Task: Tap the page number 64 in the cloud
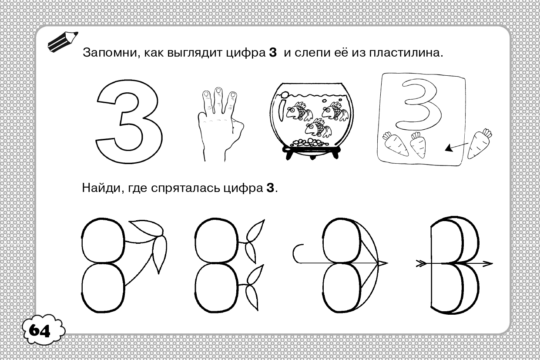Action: (40, 330)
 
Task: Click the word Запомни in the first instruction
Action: (110, 53)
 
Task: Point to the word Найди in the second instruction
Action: (101, 188)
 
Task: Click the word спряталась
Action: (186, 188)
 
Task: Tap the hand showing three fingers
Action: (220, 124)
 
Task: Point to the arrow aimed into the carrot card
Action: (456, 147)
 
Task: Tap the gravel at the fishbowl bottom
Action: (309, 142)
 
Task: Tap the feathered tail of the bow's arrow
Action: (421, 263)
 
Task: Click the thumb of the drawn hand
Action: (238, 128)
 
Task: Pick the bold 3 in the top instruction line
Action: (273, 53)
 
